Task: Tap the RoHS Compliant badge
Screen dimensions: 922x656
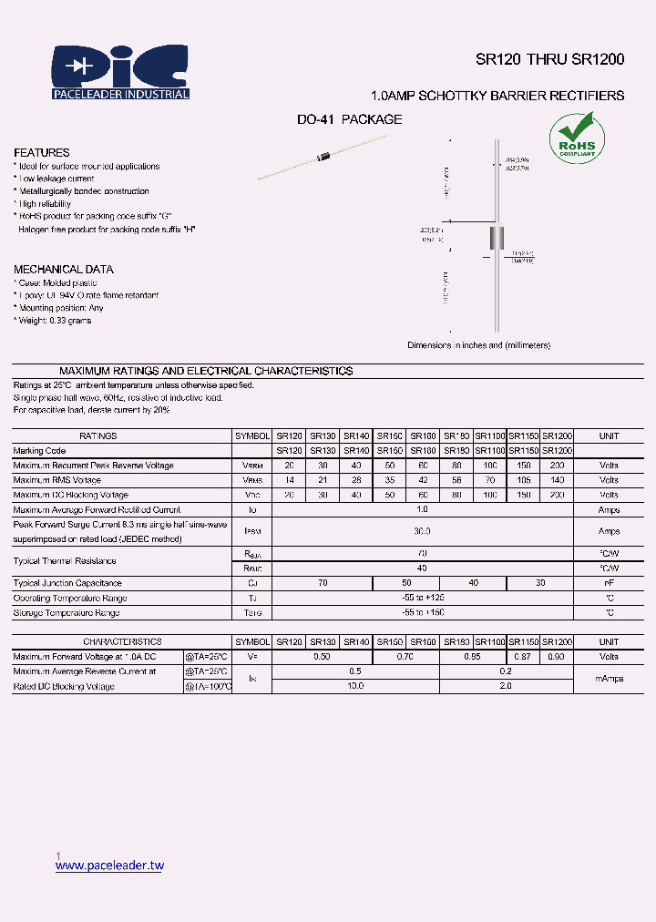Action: (576, 138)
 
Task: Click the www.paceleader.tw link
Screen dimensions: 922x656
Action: (109, 866)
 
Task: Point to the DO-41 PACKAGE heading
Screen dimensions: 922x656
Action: (349, 119)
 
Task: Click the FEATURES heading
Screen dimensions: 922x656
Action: (42, 153)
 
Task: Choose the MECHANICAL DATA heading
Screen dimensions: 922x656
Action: (64, 270)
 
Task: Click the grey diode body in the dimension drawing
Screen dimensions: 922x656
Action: (497, 238)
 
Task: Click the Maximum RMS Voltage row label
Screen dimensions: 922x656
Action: (57, 480)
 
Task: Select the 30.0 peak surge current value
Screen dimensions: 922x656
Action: (422, 531)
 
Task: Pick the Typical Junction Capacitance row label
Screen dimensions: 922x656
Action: (67, 583)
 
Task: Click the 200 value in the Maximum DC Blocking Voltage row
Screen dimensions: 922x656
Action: (557, 495)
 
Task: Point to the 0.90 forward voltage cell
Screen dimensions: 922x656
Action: (557, 657)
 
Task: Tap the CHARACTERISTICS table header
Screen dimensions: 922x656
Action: (123, 642)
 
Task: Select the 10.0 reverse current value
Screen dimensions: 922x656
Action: (355, 686)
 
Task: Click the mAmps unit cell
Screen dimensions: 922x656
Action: (609, 679)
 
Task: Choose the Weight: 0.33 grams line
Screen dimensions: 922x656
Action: (53, 321)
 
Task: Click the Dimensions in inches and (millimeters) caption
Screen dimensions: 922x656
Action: (478, 345)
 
